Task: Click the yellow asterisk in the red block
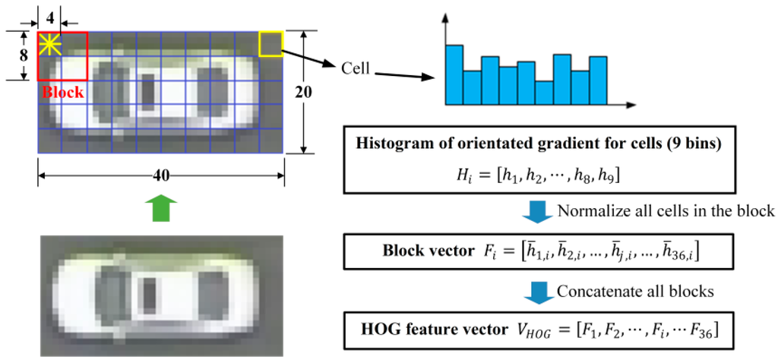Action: click(x=49, y=44)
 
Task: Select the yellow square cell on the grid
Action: click(x=270, y=43)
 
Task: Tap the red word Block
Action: click(x=62, y=92)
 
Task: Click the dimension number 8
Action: click(x=24, y=55)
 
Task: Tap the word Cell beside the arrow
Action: click(x=355, y=69)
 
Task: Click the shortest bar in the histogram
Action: click(x=544, y=92)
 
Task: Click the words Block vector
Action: click(x=425, y=251)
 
